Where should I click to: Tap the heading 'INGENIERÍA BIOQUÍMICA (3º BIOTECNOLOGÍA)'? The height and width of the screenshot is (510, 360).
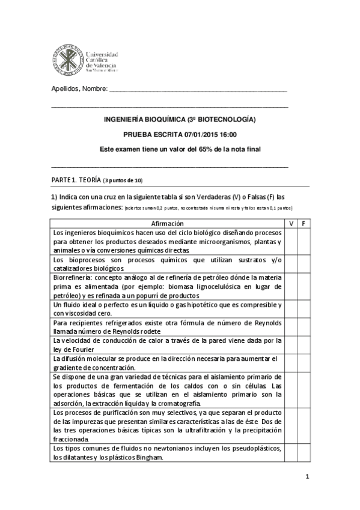click(x=180, y=120)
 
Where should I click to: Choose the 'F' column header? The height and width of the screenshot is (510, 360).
click(x=303, y=223)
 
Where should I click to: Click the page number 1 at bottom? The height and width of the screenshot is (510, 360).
click(x=307, y=477)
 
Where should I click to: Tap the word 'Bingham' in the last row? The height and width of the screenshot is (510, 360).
click(x=138, y=457)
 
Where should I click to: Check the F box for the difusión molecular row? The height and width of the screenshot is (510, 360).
click(x=303, y=363)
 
